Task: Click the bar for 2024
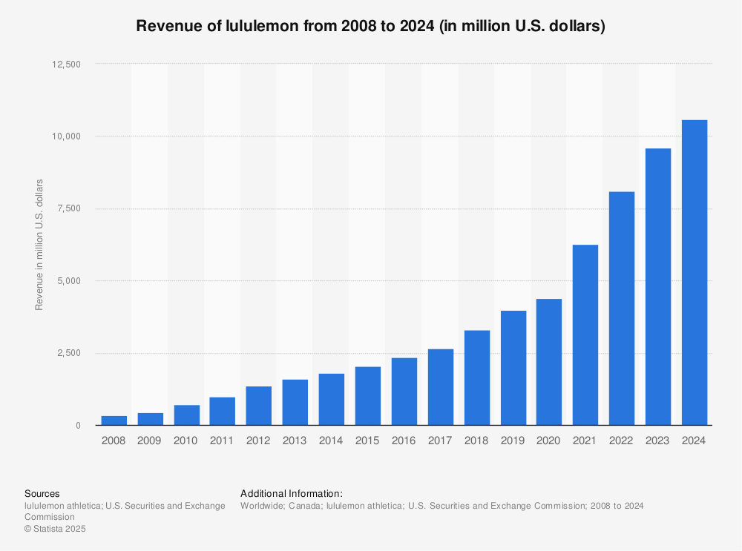695,272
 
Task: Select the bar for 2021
585,334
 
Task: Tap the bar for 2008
114,420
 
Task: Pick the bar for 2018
476,377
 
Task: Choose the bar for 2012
258,406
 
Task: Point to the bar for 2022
622,309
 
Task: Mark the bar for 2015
367,396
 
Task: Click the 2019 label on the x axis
513,440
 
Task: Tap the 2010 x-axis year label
185,440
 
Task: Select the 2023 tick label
658,440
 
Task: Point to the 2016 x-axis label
404,440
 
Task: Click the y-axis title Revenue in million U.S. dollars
39,245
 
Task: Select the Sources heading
42,493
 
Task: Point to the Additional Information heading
292,493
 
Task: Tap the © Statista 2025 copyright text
56,529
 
